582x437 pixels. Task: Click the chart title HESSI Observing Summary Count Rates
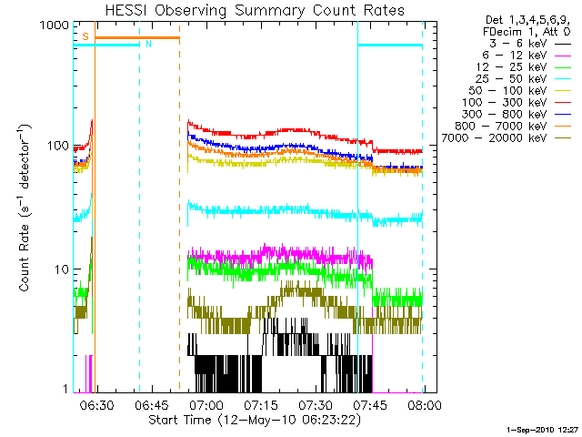click(249, 10)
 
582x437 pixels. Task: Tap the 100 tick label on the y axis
click(58, 147)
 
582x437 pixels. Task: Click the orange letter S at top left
click(85, 36)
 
